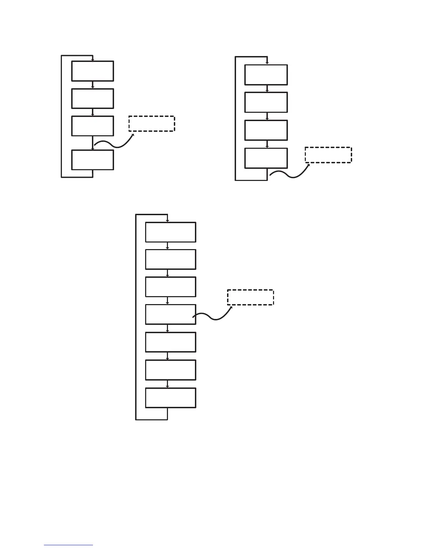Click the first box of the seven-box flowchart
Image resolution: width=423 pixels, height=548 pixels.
click(170, 232)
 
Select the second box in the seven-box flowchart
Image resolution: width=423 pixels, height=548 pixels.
click(170, 259)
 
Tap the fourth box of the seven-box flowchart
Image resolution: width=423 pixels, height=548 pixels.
click(170, 314)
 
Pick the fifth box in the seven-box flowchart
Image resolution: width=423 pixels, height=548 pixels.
click(170, 342)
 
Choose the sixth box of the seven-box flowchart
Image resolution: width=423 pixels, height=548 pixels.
click(170, 370)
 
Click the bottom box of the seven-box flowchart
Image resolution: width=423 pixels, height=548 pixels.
click(170, 398)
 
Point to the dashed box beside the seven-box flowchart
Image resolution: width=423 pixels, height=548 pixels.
click(250, 298)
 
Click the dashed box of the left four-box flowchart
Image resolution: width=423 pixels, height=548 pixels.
click(152, 124)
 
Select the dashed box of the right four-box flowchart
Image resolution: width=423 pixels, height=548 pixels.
click(328, 155)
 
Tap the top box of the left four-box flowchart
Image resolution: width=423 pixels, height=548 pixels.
click(93, 71)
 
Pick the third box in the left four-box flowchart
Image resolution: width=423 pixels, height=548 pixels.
click(93, 126)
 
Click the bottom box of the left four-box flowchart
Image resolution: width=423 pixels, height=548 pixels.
click(93, 160)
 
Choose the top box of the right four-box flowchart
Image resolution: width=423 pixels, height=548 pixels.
click(266, 75)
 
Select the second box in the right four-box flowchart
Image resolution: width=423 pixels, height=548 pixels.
click(266, 102)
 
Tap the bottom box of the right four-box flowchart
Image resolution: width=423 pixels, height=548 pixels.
click(266, 158)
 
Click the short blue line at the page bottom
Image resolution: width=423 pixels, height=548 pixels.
click(68, 545)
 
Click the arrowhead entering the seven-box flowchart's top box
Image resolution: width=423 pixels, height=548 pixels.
click(167, 221)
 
